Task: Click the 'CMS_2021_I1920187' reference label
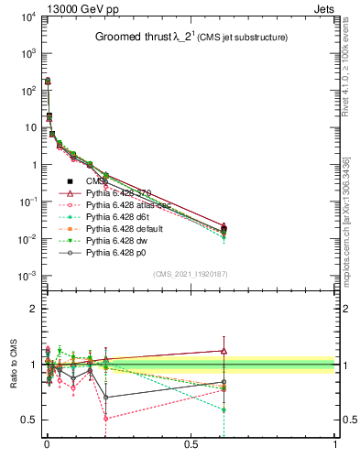pos(189,273)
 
